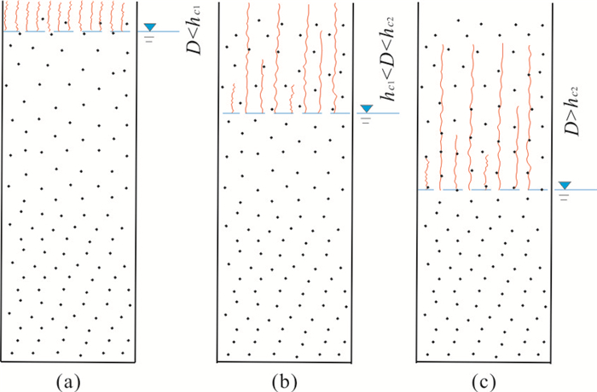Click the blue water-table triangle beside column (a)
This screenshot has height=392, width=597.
[x=151, y=29]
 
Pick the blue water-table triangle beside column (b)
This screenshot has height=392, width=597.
[x=366, y=109]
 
